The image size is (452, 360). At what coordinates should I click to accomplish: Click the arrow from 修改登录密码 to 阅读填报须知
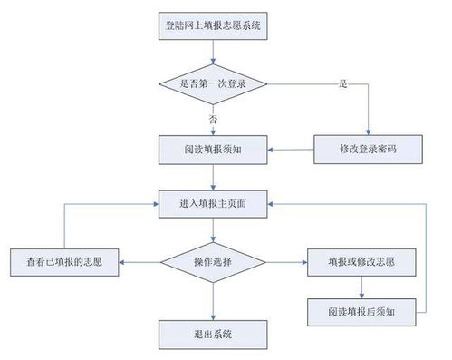pyautogui.click(x=290, y=148)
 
